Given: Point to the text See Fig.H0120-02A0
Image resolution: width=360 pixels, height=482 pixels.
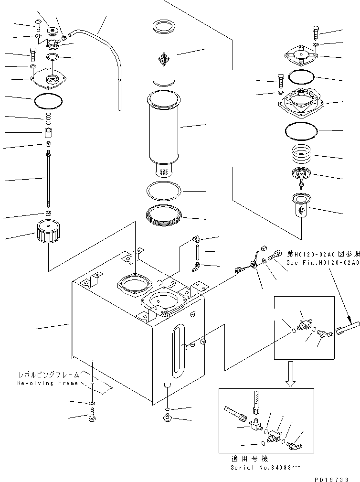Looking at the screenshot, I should point(323,262).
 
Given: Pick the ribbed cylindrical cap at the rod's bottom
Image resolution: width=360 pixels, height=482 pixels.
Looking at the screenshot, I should point(48,235).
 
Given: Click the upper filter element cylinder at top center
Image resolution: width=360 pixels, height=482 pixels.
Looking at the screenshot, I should point(163,53).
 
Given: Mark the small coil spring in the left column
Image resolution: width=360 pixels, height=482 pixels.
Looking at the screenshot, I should point(48,117).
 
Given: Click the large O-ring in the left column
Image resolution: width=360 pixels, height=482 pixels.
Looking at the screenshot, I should point(48,100).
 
